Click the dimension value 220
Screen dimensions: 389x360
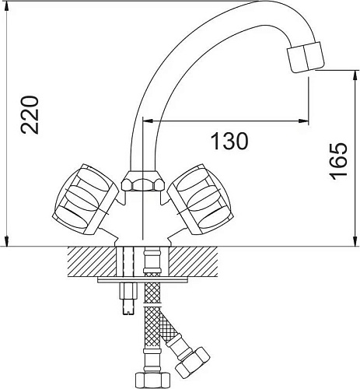[29, 115]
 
